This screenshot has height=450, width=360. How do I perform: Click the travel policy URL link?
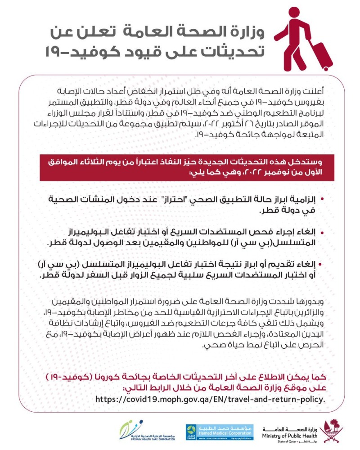[x=210, y=399]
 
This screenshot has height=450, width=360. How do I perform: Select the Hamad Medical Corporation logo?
[x=220, y=432]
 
